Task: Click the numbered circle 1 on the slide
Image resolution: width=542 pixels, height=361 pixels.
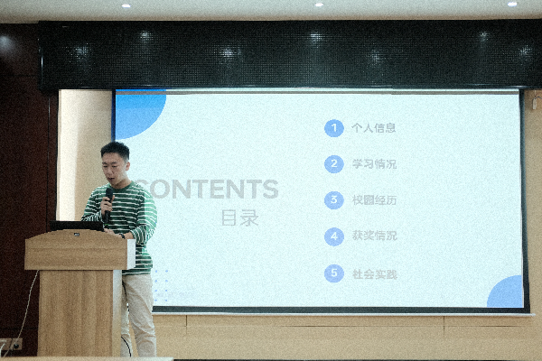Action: pyautogui.click(x=334, y=128)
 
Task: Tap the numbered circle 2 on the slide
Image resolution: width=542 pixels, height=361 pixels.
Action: pyautogui.click(x=334, y=164)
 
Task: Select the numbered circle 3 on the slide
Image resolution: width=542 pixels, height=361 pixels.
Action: pyautogui.click(x=334, y=200)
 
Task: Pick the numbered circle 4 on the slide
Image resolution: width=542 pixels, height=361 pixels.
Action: pyautogui.click(x=334, y=236)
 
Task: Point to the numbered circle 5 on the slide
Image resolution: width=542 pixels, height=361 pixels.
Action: pyautogui.click(x=334, y=273)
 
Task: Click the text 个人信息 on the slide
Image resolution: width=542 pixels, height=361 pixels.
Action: pyautogui.click(x=373, y=128)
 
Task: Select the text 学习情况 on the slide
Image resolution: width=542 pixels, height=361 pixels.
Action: pyautogui.click(x=373, y=164)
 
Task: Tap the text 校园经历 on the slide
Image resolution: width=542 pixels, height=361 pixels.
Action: pyautogui.click(x=373, y=200)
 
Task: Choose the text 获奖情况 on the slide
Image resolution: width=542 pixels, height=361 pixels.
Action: pyautogui.click(x=373, y=236)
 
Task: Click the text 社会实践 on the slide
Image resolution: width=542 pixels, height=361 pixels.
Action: pyautogui.click(x=373, y=273)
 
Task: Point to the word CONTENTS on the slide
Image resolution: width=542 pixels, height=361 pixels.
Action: pyautogui.click(x=212, y=190)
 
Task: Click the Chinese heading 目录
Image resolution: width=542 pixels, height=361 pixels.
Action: pyautogui.click(x=239, y=218)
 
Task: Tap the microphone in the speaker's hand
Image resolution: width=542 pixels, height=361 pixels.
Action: pyautogui.click(x=107, y=198)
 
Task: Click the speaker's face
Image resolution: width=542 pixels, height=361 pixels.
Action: pyautogui.click(x=115, y=163)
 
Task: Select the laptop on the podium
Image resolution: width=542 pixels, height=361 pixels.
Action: pyautogui.click(x=76, y=226)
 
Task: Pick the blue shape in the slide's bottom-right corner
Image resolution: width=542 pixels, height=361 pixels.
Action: pyautogui.click(x=507, y=294)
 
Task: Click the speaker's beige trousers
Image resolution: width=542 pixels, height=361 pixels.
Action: pyautogui.click(x=140, y=311)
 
